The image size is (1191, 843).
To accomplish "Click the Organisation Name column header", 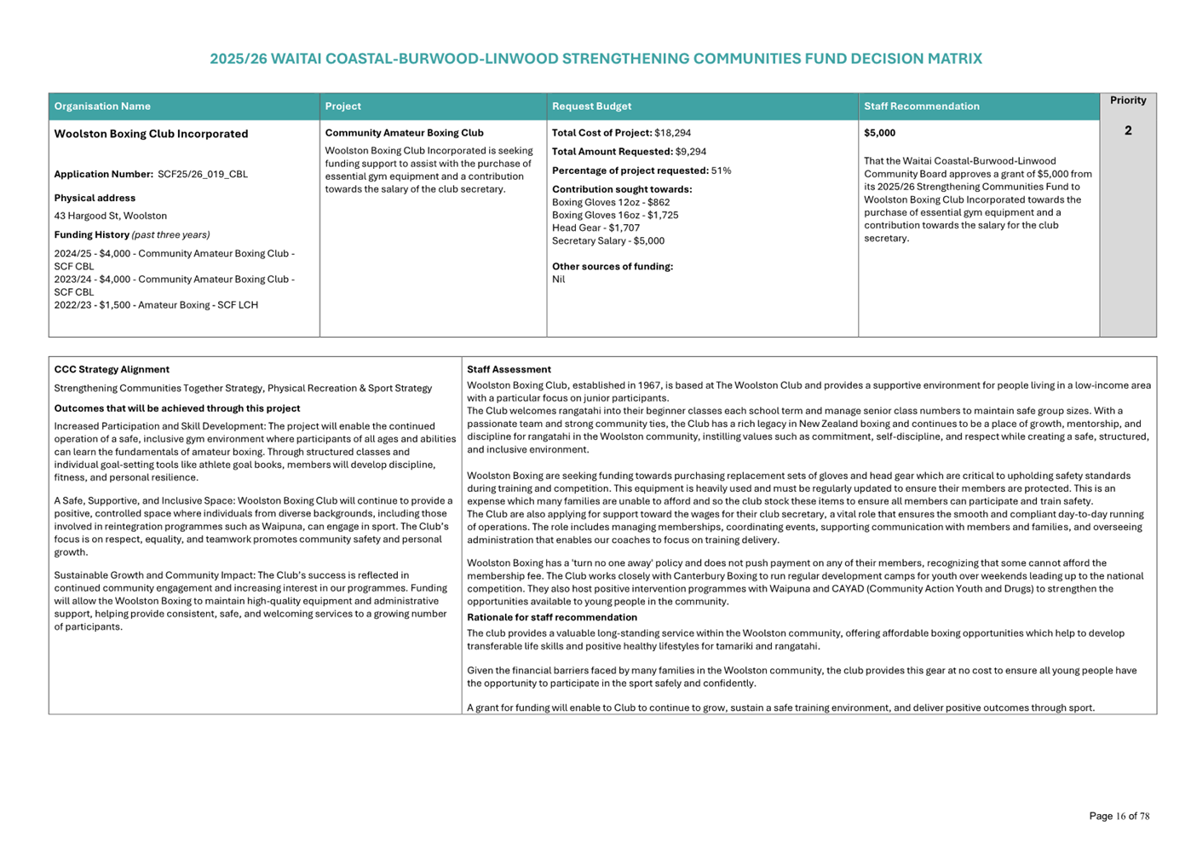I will (x=102, y=107).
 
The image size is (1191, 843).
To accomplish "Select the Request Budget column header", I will (x=591, y=107).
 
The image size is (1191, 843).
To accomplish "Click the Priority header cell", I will (x=1127, y=101).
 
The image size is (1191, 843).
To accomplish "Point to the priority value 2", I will (x=1127, y=130).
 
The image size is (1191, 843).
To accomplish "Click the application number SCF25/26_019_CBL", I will (x=203, y=175).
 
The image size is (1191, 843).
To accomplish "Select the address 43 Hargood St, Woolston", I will (x=111, y=217).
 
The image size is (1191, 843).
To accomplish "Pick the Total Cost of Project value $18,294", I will (x=672, y=133).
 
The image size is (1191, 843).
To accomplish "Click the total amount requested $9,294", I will (x=690, y=152).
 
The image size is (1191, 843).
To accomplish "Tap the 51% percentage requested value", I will (x=721, y=170).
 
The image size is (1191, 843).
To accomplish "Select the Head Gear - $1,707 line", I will (x=595, y=228).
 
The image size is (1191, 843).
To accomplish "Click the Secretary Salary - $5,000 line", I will (x=608, y=241).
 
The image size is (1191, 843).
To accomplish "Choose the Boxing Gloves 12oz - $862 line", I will (x=611, y=203).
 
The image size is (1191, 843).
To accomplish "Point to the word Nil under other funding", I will (x=559, y=280).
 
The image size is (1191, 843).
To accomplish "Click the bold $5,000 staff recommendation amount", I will (x=879, y=133).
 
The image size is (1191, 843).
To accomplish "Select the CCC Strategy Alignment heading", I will (x=112, y=370).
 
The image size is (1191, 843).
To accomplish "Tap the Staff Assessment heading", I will (x=509, y=370).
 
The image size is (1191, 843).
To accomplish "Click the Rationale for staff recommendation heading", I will (x=552, y=618).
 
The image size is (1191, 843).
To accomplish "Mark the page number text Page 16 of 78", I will (x=1119, y=817).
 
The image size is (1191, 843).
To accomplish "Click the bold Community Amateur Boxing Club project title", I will (x=404, y=133).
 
